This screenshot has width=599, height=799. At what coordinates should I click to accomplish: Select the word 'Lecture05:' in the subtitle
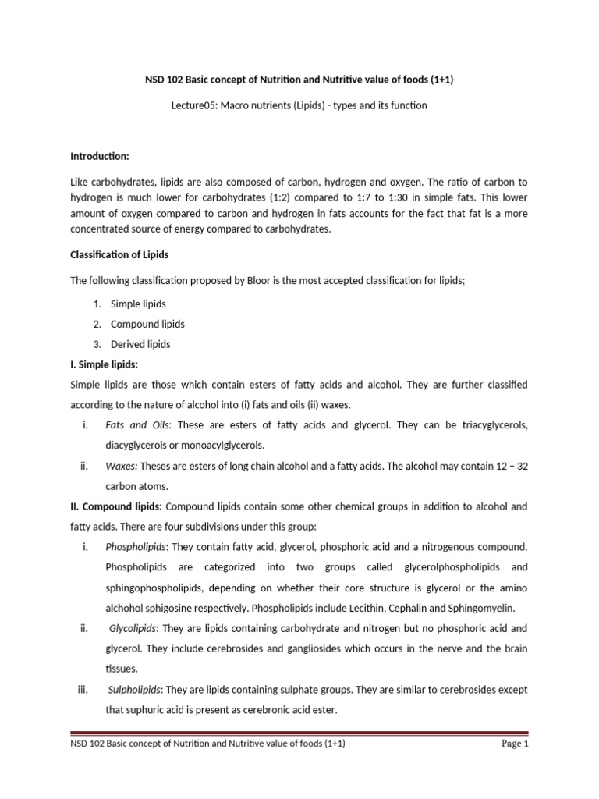point(195,105)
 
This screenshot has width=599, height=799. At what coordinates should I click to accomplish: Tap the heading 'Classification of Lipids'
point(119,255)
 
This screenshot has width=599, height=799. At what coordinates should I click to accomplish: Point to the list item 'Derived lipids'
point(140,344)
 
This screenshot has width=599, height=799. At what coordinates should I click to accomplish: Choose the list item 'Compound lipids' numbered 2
point(147,324)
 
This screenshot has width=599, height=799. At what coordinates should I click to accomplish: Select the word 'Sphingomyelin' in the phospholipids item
point(471,608)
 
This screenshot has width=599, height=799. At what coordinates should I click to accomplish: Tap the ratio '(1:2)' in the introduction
point(295,197)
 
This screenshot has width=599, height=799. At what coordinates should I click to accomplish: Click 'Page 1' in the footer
point(514,744)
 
